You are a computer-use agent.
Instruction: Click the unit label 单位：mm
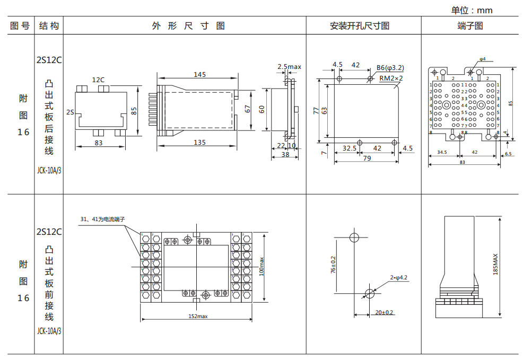[x=472, y=10]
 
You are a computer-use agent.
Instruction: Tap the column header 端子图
[x=470, y=25]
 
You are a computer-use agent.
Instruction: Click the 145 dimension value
[x=199, y=75]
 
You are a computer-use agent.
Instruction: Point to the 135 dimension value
[x=199, y=142]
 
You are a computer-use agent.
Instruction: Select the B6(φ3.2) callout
[x=390, y=67]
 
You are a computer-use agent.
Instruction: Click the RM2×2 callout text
[x=391, y=78]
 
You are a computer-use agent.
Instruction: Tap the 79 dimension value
[x=367, y=158]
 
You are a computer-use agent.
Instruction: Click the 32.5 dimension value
[x=349, y=148]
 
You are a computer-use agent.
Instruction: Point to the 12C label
[x=98, y=80]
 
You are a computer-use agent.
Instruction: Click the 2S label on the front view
[x=71, y=112]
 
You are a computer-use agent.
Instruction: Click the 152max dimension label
[x=196, y=316]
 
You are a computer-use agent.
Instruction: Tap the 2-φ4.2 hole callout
[x=398, y=277]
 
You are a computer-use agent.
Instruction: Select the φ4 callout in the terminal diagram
[x=482, y=59]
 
